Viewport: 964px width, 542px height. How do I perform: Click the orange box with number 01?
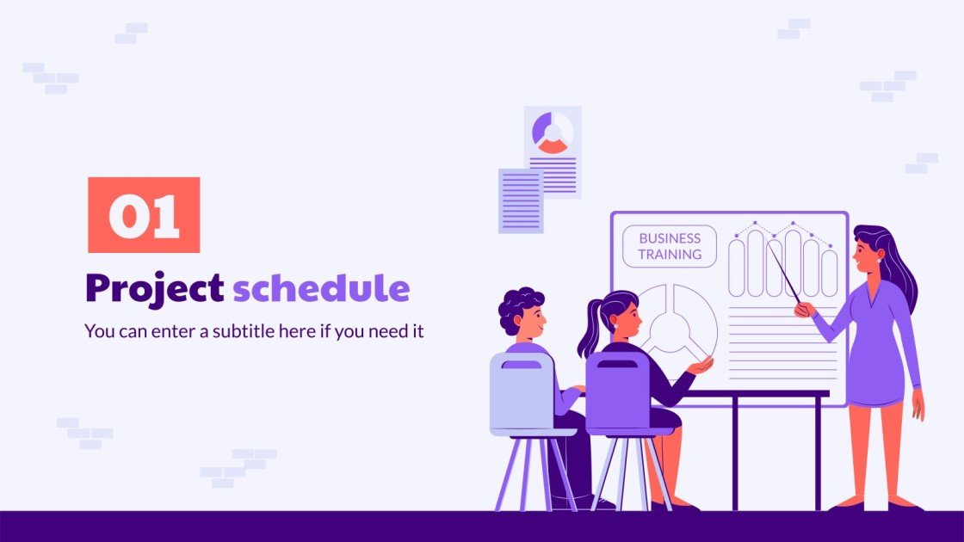144,215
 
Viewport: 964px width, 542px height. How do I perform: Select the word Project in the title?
154,289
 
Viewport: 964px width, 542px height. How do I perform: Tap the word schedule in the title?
321,289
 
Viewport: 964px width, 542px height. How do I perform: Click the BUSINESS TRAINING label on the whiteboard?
670,246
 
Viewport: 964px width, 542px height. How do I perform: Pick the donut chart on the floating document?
552,133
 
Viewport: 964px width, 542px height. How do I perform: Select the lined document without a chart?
521,200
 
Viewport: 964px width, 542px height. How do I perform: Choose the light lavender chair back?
522,391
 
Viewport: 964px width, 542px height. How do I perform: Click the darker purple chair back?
617,391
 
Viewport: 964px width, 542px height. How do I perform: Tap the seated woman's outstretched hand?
701,366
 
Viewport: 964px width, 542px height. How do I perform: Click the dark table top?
757,394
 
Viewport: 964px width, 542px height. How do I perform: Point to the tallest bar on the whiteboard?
793,262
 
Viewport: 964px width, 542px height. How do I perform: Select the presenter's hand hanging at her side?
918,405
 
